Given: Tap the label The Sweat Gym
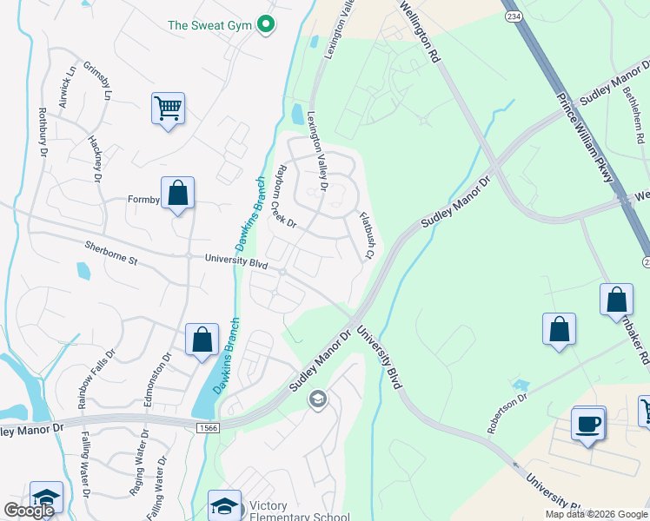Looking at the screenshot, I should pos(209,25).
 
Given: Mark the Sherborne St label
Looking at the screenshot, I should pos(111,252).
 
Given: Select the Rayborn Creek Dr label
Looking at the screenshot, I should pos(285,198).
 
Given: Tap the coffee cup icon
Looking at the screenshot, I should pos(589,425).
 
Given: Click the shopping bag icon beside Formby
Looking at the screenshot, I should pos(177,193).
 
